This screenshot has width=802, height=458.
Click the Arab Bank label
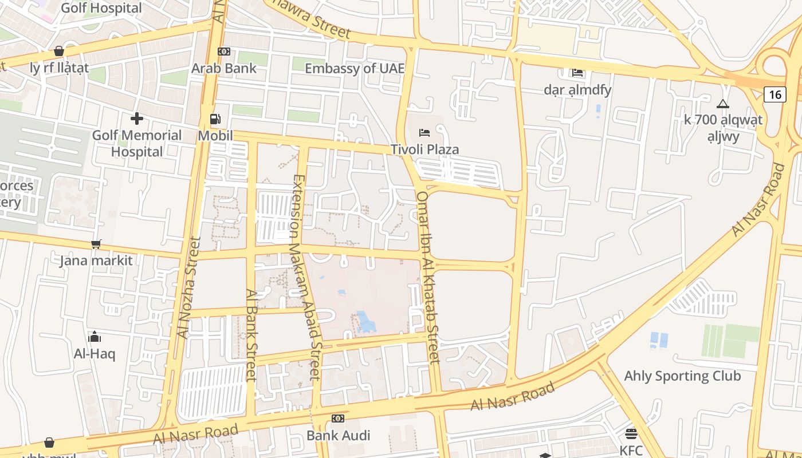coord(224,68)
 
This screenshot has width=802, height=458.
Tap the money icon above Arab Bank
coord(224,52)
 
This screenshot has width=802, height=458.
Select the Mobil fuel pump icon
coord(215,119)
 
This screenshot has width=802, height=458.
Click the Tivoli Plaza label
coord(424,149)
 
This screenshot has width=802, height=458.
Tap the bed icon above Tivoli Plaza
coord(424,133)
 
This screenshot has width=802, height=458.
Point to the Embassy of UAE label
coord(355,69)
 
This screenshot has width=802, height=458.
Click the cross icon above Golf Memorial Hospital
coord(137,119)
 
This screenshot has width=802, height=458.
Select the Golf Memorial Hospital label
coord(137,143)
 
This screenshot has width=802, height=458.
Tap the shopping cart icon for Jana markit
coord(96,244)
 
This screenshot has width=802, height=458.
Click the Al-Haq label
coord(95,354)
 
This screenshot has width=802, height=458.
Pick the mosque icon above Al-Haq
coord(95,337)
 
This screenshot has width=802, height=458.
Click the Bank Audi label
coord(338,435)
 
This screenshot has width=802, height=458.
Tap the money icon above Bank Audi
coord(338,418)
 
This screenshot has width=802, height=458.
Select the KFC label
coord(631,450)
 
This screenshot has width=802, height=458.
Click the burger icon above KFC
coord(631,433)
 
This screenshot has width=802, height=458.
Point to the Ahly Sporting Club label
coord(682,376)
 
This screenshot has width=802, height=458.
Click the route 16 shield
coord(775,94)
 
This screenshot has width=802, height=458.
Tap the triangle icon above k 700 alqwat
coord(723,104)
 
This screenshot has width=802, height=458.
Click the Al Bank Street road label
coord(251,334)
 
